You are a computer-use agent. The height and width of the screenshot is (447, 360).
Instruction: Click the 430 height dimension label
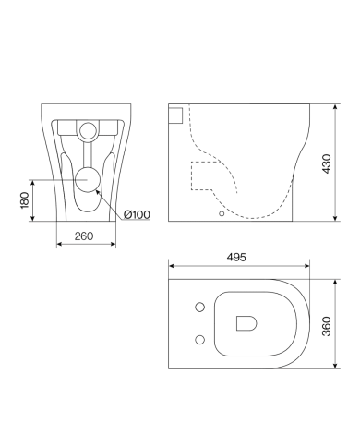[327, 163]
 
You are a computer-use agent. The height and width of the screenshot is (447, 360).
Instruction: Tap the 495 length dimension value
[236, 257]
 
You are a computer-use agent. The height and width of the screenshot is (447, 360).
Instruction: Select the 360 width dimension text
[327, 326]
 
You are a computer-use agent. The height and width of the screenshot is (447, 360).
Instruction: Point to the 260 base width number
[84, 236]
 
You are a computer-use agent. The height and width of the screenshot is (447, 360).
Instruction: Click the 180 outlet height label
[25, 200]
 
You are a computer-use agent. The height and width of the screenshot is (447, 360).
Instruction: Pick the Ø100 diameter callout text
[137, 214]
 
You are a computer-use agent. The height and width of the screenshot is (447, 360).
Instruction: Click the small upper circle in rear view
[88, 130]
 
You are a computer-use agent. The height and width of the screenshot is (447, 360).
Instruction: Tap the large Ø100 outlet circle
[88, 180]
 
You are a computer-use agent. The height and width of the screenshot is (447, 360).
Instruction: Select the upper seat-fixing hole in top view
[200, 307]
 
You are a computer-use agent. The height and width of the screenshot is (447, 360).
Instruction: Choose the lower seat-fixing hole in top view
[200, 340]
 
